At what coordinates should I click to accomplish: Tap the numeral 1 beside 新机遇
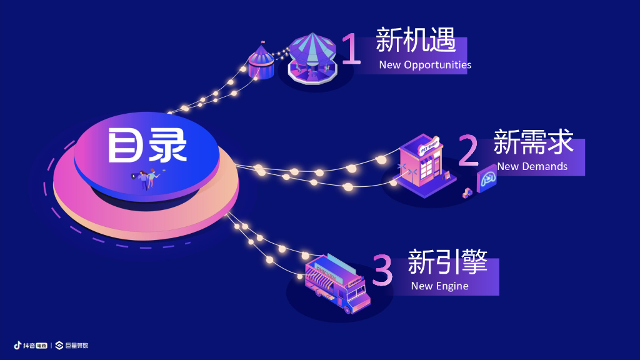point(352,49)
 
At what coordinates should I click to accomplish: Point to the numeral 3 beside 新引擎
point(382,271)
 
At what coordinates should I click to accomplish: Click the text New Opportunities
point(425,65)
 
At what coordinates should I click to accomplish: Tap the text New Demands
point(532,166)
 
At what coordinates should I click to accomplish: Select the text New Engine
point(439,286)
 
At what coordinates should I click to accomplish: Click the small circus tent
point(261,62)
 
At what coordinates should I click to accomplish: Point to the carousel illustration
point(311,59)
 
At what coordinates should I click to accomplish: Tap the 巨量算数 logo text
point(76,345)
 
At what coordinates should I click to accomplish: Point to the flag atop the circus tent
point(261,45)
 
